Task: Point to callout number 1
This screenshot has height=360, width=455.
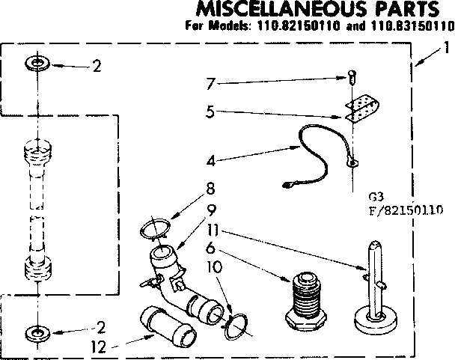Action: pyautogui.click(x=446, y=47)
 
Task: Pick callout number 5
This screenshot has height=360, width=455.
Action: pyautogui.click(x=211, y=114)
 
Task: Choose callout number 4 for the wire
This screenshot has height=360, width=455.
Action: pyautogui.click(x=212, y=159)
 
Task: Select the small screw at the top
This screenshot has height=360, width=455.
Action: pyautogui.click(x=350, y=75)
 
